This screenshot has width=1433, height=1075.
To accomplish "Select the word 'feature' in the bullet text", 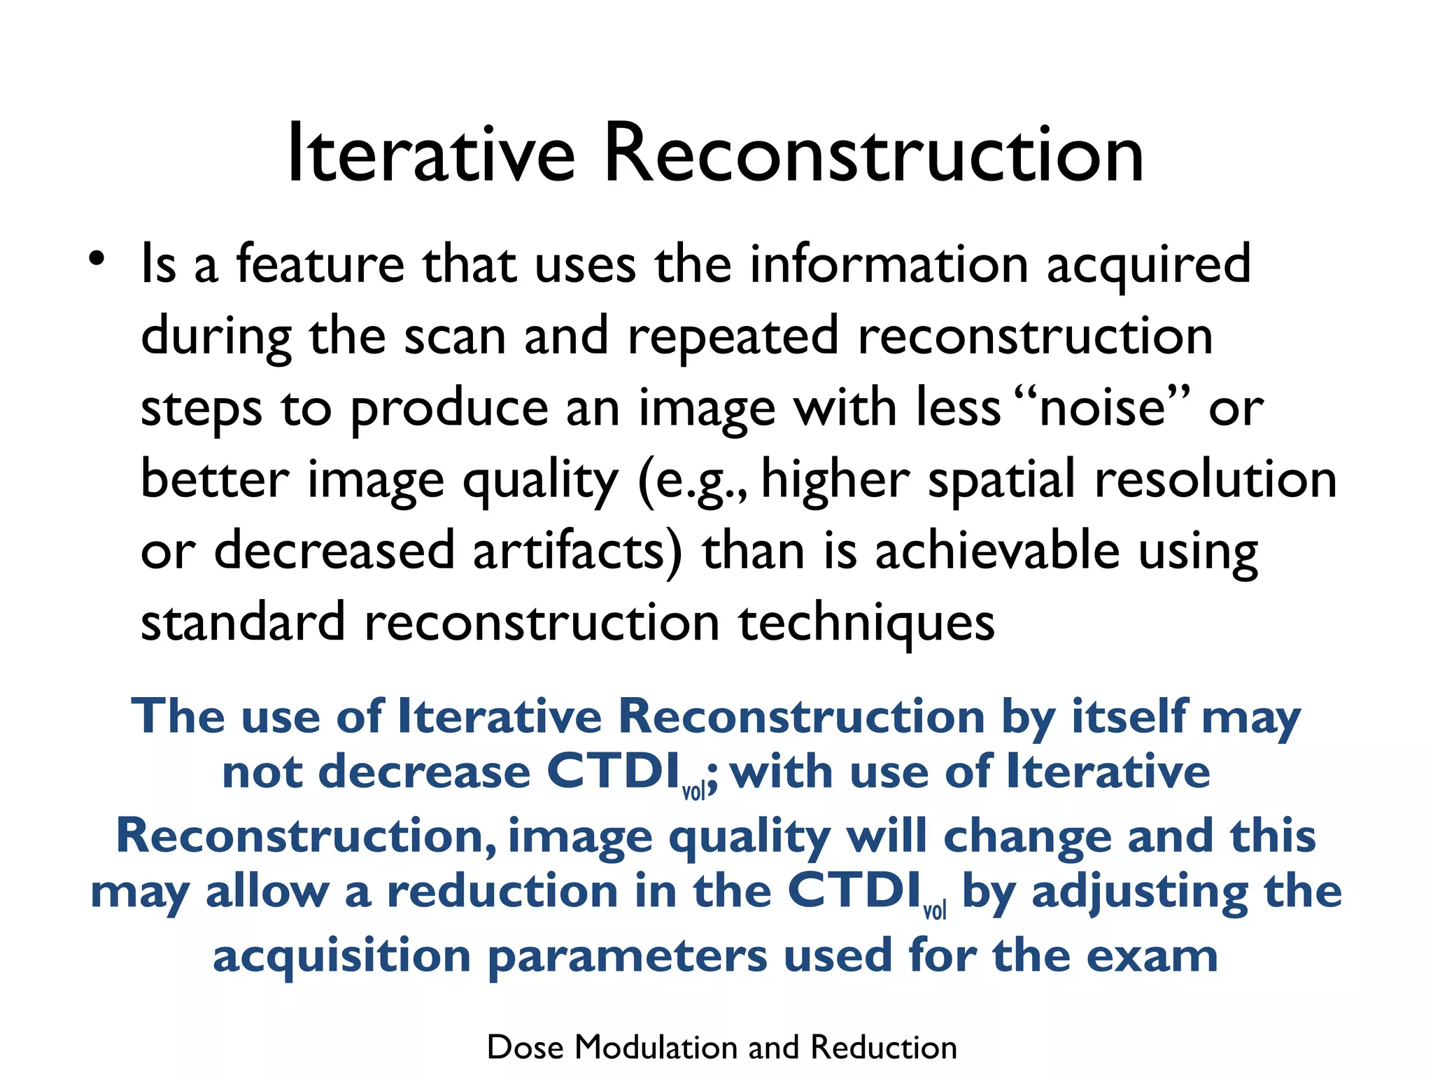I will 320,265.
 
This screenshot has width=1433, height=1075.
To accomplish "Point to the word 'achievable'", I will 998,551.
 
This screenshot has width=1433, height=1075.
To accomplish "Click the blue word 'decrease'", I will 425,773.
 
